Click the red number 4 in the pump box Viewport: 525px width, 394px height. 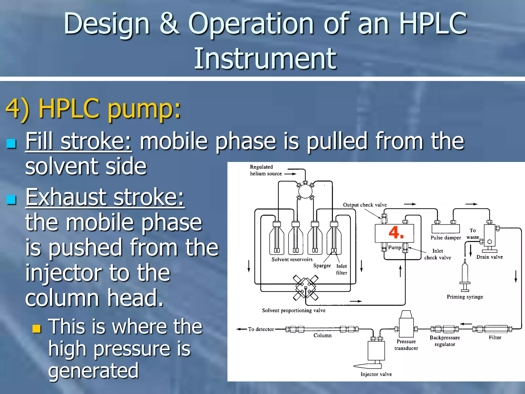point(396,233)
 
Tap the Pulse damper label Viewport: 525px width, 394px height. point(446,238)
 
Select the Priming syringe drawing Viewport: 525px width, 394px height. point(465,275)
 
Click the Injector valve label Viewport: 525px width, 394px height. point(376,374)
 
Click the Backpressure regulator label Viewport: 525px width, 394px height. point(445,341)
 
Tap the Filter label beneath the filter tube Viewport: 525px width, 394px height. point(495,338)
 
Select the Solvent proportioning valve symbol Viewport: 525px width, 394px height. point(306,288)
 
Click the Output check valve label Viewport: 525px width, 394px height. point(365,205)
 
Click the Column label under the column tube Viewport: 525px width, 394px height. point(322,336)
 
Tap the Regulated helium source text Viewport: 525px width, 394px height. point(265,170)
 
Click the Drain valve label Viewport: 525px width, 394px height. point(489,257)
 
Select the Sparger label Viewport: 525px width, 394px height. point(322,266)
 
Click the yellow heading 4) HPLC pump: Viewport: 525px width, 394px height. point(93,109)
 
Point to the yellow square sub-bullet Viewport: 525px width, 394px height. point(37,328)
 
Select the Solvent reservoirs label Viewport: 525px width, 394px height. point(292,259)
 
